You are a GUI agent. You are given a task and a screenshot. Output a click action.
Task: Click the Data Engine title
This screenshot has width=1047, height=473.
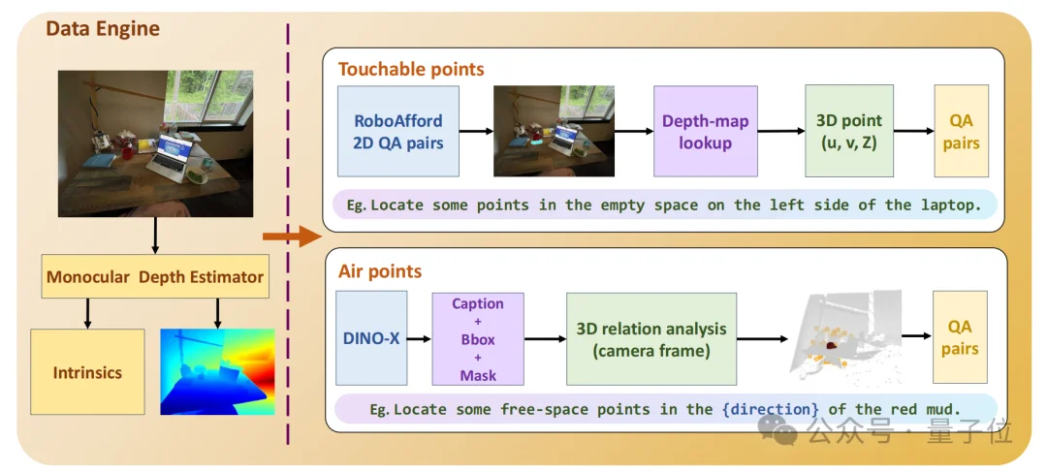click(103, 29)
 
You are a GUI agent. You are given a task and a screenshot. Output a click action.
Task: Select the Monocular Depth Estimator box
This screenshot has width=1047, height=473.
click(155, 277)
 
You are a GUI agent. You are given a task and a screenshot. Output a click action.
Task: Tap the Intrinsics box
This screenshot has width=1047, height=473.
click(87, 371)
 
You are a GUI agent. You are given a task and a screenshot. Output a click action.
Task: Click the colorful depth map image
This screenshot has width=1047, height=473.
click(218, 371)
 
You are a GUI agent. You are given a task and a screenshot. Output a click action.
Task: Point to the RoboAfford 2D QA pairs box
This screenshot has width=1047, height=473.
click(397, 132)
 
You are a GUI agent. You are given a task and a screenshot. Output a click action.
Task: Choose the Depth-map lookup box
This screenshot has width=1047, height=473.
click(705, 132)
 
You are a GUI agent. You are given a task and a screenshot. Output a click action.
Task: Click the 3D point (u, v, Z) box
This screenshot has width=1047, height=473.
click(848, 132)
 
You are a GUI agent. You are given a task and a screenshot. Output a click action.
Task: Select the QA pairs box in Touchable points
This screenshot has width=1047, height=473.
click(961, 132)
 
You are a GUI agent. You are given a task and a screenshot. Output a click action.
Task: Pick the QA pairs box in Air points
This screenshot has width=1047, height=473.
click(960, 337)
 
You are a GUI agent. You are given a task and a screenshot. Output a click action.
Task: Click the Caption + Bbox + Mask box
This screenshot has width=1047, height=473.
click(478, 338)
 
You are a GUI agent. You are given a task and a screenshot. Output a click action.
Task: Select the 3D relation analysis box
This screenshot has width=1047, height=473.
click(650, 338)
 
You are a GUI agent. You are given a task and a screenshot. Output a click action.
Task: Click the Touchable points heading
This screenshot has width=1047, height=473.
click(411, 69)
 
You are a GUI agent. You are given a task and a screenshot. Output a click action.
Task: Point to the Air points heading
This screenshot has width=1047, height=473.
click(380, 271)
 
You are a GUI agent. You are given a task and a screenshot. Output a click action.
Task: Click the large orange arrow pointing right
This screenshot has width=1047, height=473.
click(292, 236)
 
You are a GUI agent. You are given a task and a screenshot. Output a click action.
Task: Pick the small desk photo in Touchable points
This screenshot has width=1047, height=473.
click(554, 132)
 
